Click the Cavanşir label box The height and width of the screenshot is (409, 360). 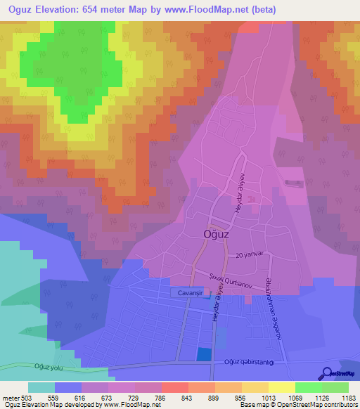(x=186, y=291)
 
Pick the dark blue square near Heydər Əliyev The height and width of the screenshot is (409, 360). (x=203, y=355)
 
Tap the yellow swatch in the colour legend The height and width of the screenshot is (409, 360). (x=281, y=387)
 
